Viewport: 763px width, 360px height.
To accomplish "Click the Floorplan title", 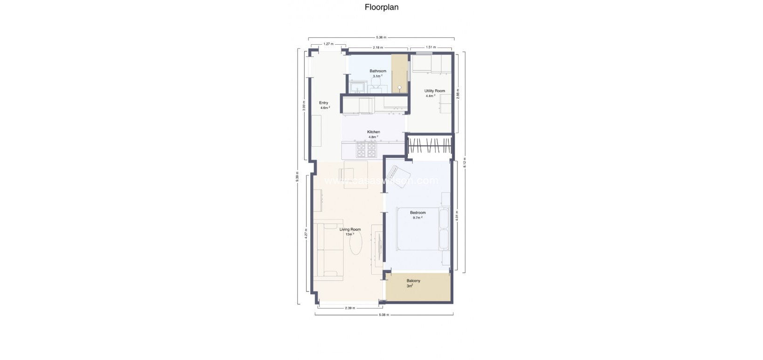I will click(381, 7).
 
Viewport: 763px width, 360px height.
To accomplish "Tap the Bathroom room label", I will click(378, 71).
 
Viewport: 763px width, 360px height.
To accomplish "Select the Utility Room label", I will click(434, 91).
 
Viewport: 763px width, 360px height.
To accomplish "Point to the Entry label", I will click(323, 103).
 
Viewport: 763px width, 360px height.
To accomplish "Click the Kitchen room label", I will click(373, 132).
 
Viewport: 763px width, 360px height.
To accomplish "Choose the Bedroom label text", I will click(417, 213).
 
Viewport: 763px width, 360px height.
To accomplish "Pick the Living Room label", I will click(350, 229).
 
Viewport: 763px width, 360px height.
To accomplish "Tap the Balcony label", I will click(413, 281).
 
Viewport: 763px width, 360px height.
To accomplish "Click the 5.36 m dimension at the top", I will click(381, 37).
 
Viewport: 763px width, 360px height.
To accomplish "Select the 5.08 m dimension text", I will click(384, 315).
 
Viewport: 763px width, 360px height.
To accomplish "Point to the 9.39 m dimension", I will click(297, 177).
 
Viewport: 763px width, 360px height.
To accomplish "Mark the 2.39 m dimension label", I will click(350, 308).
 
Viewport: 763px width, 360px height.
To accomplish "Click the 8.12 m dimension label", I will click(464, 162).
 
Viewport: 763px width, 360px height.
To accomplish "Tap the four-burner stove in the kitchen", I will click(366, 149).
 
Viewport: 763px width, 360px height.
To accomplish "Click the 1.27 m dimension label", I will click(327, 44).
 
